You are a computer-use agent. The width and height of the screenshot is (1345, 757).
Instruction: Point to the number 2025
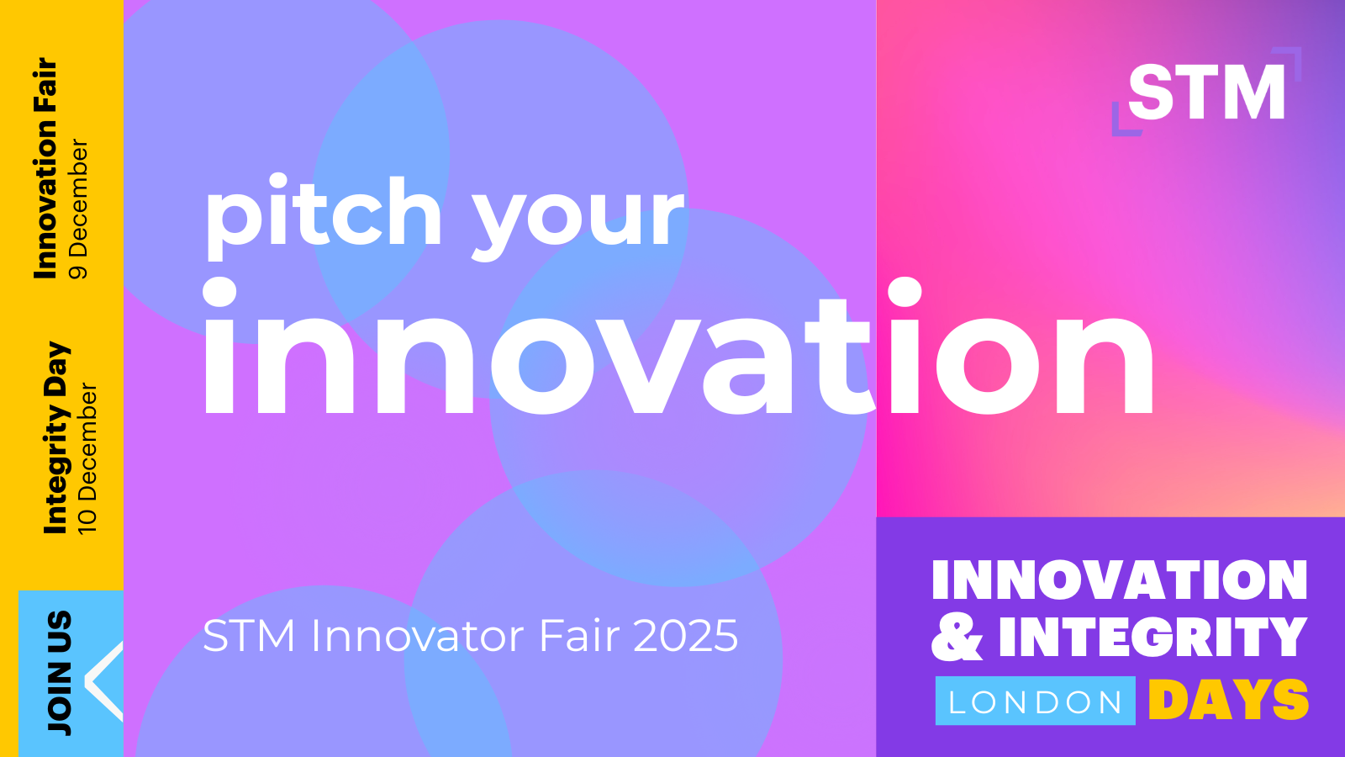[685, 636]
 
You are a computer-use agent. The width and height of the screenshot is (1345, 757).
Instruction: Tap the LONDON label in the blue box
[1035, 701]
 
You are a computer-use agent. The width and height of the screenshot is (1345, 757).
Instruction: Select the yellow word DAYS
[1228, 700]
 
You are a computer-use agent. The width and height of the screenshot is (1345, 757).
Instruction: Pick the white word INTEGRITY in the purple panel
[1152, 637]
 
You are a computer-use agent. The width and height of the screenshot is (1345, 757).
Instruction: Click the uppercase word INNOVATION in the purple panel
[1119, 580]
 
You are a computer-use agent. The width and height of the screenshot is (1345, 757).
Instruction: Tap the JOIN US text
[60, 673]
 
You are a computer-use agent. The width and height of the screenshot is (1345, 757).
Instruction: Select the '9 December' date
[79, 209]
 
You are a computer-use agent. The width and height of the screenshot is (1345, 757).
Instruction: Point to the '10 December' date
[87, 458]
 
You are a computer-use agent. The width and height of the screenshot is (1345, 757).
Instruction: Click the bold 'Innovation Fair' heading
[45, 169]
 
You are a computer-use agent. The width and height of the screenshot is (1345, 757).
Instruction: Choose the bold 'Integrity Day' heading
[56, 438]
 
